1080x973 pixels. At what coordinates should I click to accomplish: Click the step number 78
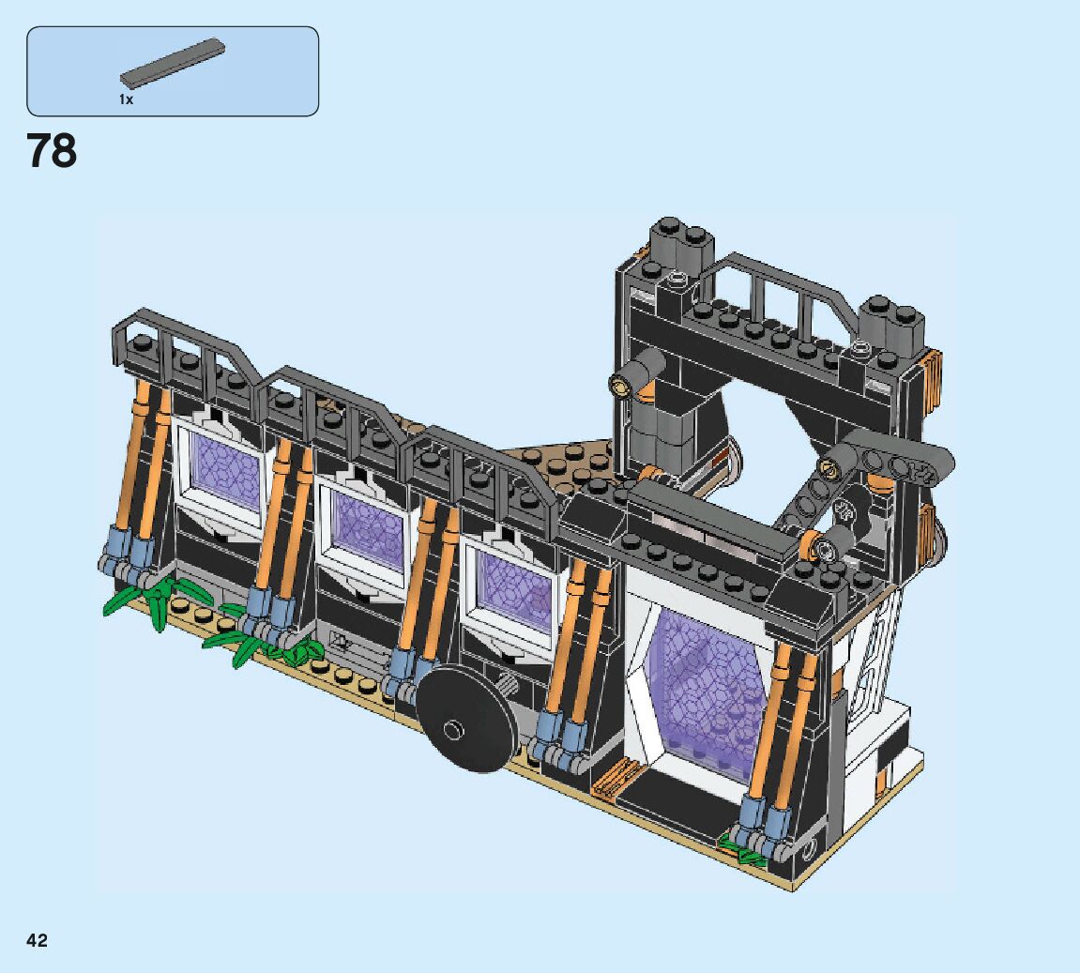click(52, 151)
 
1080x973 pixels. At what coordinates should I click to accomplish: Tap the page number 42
click(38, 940)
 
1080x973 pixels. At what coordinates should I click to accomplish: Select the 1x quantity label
click(126, 99)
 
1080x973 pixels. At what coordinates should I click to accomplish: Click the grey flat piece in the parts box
click(173, 63)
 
